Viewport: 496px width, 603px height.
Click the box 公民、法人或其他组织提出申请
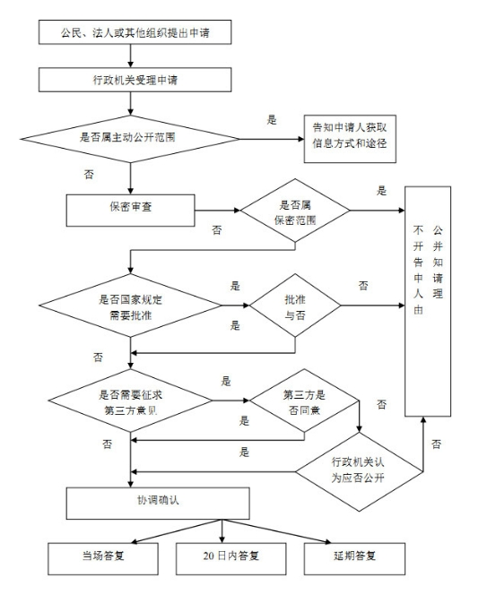pos(135,32)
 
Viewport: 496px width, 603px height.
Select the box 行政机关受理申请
pos(135,80)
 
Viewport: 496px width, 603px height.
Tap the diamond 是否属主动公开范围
pos(130,139)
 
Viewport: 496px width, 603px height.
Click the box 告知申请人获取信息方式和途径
pos(350,139)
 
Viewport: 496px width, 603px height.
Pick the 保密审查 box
pos(131,211)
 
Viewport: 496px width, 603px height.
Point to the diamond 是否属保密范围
pos(295,211)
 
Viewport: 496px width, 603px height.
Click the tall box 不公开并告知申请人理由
pos(428,301)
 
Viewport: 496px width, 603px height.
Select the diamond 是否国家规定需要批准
pos(131,306)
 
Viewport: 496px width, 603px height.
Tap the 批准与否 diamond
pos(295,306)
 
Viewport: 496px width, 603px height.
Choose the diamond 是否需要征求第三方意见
pos(131,401)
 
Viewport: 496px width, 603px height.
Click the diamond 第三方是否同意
pos(304,401)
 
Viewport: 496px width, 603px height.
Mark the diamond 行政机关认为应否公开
pos(359,472)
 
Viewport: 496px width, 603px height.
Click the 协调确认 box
pos(158,504)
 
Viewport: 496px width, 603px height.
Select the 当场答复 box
pos(103,559)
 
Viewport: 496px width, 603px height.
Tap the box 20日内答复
pos(231,559)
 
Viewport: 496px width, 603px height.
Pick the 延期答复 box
pos(354,559)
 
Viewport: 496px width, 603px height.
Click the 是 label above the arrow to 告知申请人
pos(272,119)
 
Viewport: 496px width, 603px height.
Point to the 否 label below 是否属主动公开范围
pos(89,175)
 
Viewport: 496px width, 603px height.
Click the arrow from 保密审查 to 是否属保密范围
pos(218,211)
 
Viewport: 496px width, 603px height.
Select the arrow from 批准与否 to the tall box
pos(373,306)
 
